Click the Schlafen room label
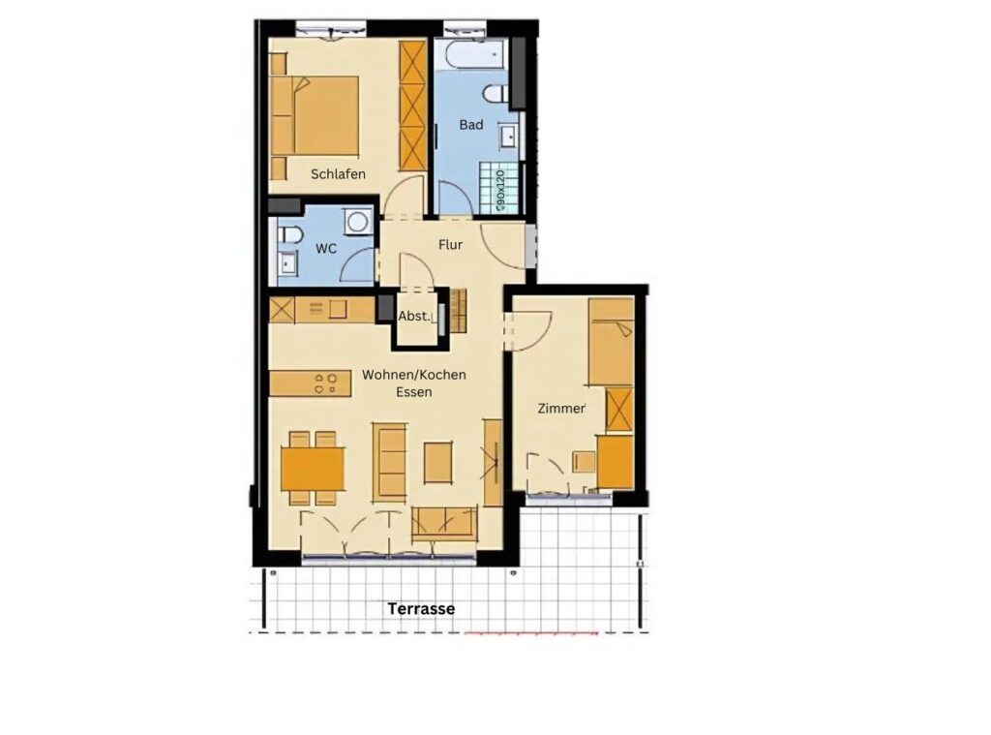pos(338,174)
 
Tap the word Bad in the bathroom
pos(471,125)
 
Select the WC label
pos(326,249)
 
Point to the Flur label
pos(451,244)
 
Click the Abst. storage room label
pos(414,317)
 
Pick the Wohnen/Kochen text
pos(414,375)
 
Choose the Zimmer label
pos(561,409)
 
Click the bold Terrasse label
pos(421,608)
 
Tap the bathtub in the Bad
pos(476,54)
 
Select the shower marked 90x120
pos(502,189)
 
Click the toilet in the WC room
pos(290,235)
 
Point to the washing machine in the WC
pos(358,222)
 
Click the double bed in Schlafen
pos(315,116)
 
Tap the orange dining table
pos(313,469)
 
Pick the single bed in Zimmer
pos(612,341)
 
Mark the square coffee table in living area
pos(438,462)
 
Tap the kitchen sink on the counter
pos(338,309)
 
